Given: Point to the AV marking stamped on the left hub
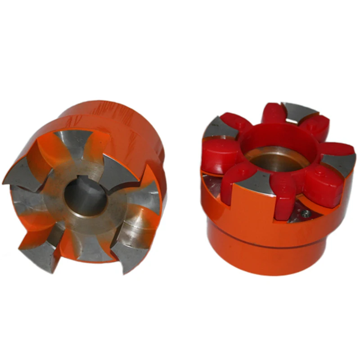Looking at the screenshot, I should (x=68, y=121).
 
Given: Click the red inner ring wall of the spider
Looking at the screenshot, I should (x=265, y=139).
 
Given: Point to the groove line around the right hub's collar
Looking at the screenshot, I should (x=270, y=243).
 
